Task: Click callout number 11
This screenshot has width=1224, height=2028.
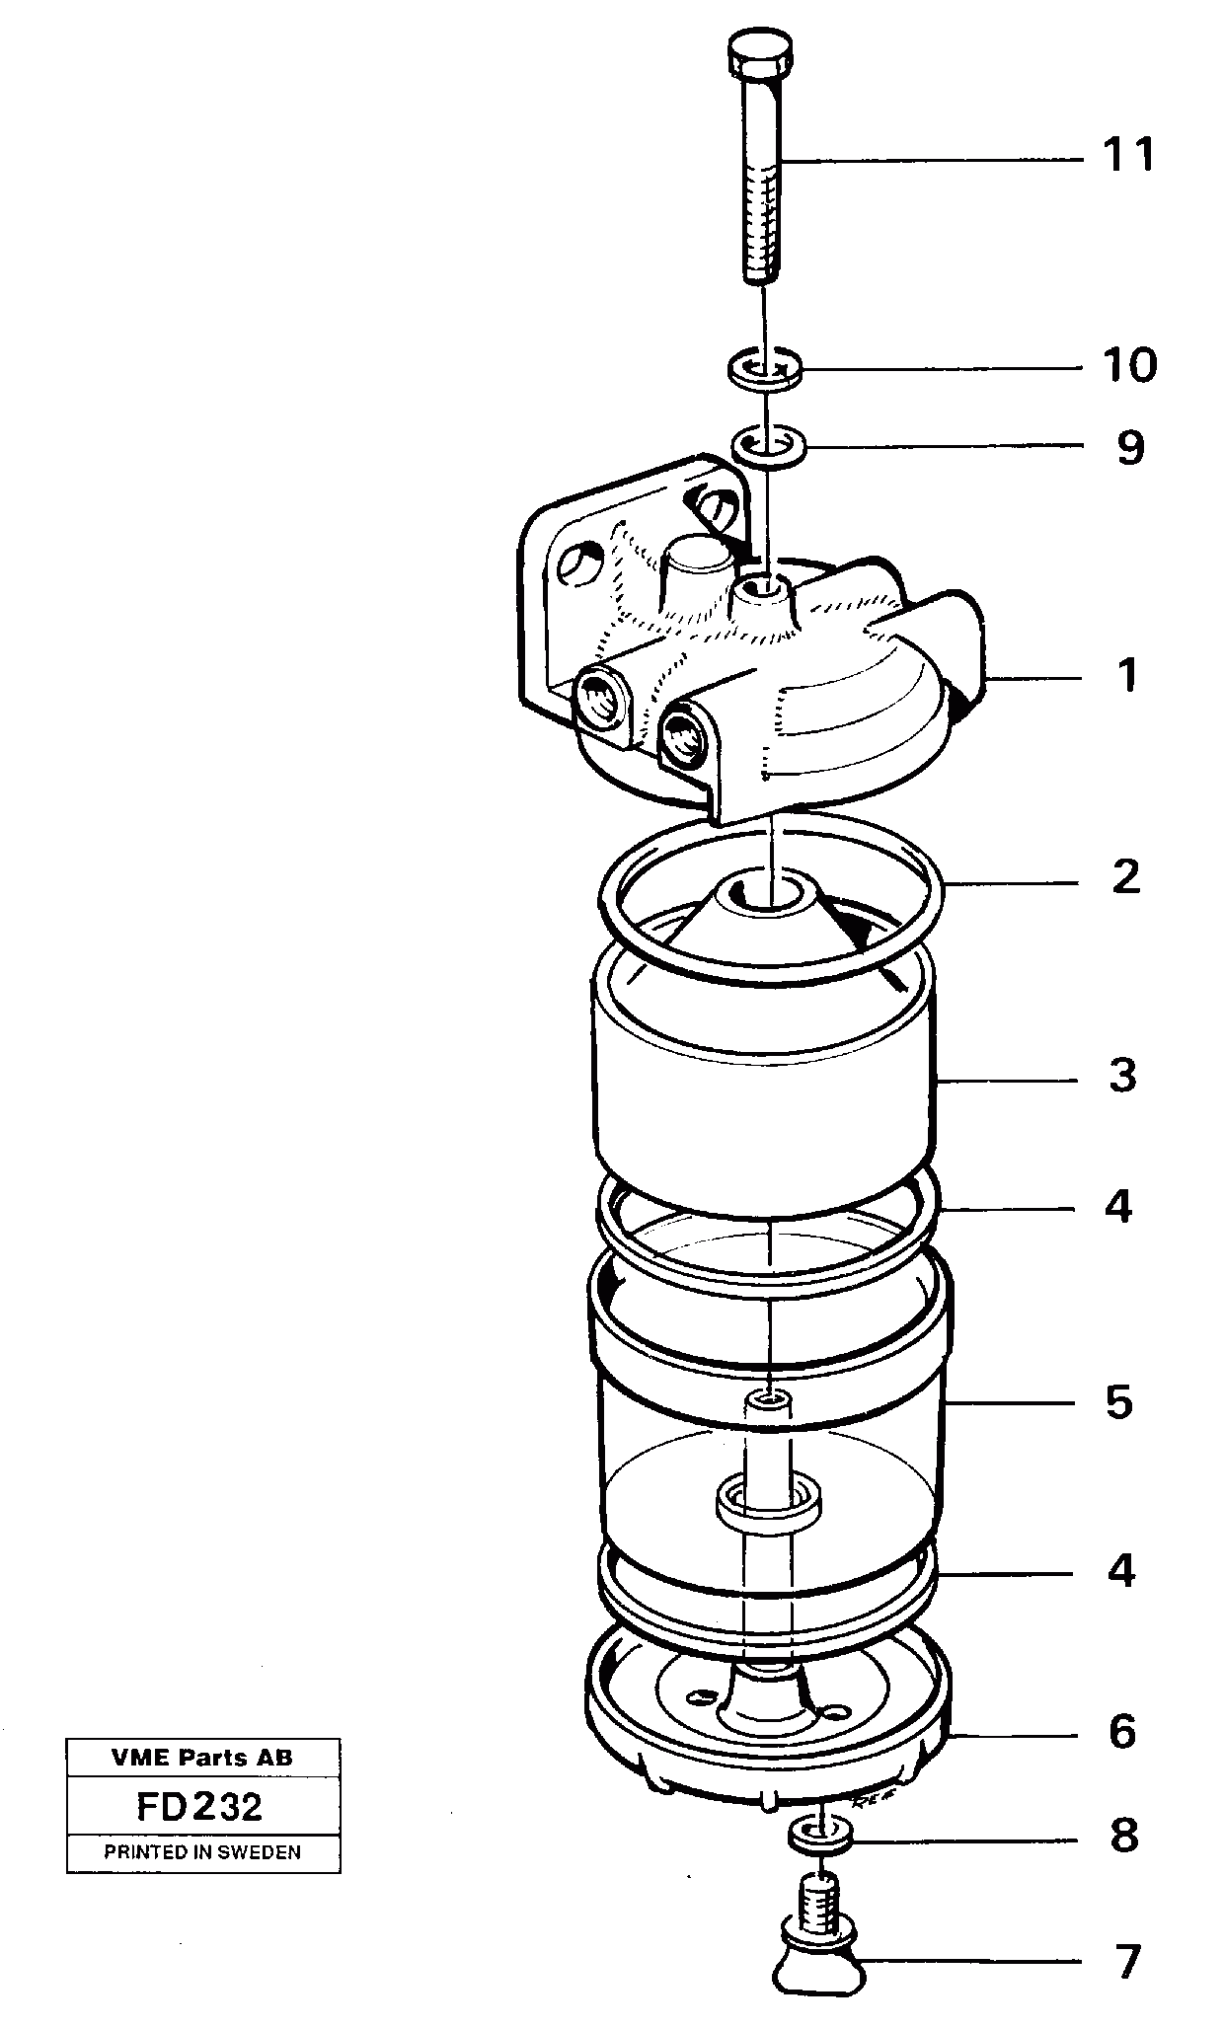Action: coord(1128,156)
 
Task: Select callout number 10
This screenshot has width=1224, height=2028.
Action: coord(1129,366)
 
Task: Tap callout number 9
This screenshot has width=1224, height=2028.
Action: coord(1129,448)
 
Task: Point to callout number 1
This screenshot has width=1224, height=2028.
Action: coord(1127,676)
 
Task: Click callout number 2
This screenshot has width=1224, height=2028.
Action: coord(1125,877)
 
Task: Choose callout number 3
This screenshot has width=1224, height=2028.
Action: coord(1123,1076)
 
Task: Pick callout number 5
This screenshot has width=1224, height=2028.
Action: coord(1118,1402)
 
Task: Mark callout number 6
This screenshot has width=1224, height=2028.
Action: coord(1122,1732)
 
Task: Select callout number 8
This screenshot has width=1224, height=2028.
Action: coord(1123,1837)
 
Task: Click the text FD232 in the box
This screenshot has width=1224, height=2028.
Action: coord(200,1807)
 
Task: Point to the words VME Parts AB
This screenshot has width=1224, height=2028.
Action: coord(201,1757)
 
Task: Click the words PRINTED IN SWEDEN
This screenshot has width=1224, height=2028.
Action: coord(202,1852)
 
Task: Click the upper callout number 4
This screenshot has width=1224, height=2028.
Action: coord(1118,1206)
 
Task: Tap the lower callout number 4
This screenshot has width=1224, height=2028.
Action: coord(1120,1571)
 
